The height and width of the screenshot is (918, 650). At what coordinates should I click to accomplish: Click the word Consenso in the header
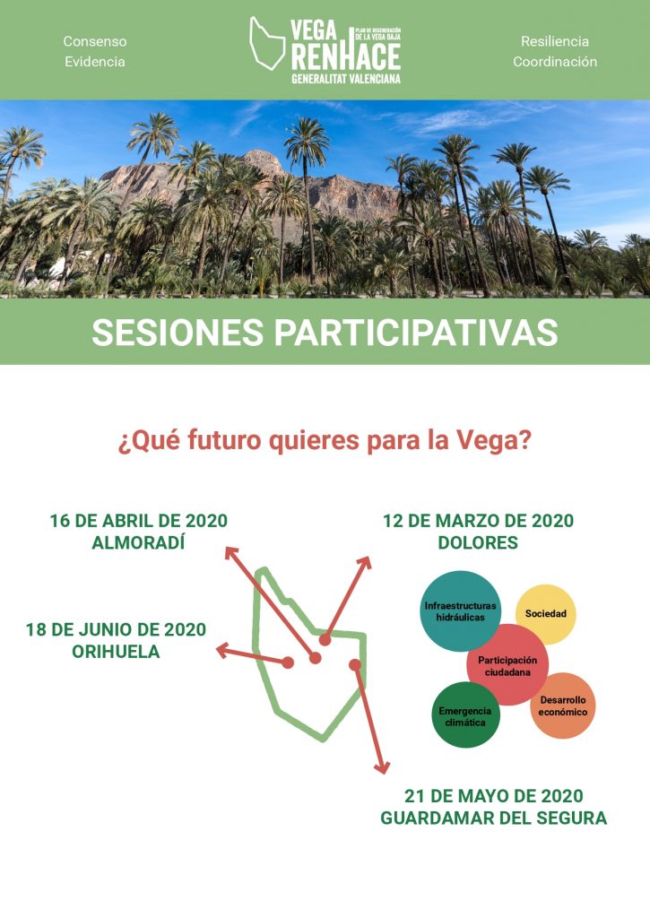pyautogui.click(x=95, y=41)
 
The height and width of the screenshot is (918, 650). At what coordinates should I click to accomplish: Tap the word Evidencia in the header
pyautogui.click(x=95, y=62)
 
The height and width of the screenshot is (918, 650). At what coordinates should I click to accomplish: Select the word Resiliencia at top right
pyautogui.click(x=555, y=41)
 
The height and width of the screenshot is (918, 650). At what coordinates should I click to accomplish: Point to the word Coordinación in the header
pyautogui.click(x=555, y=62)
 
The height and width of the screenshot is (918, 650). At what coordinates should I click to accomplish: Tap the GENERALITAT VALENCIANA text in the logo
pyautogui.click(x=346, y=79)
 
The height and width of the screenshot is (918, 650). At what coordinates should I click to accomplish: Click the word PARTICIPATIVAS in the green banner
pyautogui.click(x=416, y=333)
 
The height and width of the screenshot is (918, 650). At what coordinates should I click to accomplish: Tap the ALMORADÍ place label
pyautogui.click(x=138, y=542)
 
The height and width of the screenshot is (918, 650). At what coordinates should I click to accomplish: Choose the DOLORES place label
pyautogui.click(x=478, y=542)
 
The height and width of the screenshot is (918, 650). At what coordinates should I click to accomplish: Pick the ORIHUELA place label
pyautogui.click(x=116, y=652)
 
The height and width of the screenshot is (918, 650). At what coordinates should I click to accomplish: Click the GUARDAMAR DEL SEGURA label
pyautogui.click(x=494, y=818)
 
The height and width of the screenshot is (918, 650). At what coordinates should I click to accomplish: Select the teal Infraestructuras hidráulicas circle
pyautogui.click(x=460, y=611)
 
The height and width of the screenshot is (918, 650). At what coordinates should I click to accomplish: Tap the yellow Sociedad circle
pyautogui.click(x=546, y=614)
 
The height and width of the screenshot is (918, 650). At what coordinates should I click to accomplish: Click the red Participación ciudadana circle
pyautogui.click(x=507, y=665)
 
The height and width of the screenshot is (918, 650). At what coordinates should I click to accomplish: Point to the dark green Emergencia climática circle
pyautogui.click(x=465, y=715)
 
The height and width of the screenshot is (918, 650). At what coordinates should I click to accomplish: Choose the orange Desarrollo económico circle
pyautogui.click(x=563, y=706)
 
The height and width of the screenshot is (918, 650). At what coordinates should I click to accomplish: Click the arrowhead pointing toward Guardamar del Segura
pyautogui.click(x=383, y=767)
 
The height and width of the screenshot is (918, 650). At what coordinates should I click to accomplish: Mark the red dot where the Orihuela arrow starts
pyautogui.click(x=288, y=663)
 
